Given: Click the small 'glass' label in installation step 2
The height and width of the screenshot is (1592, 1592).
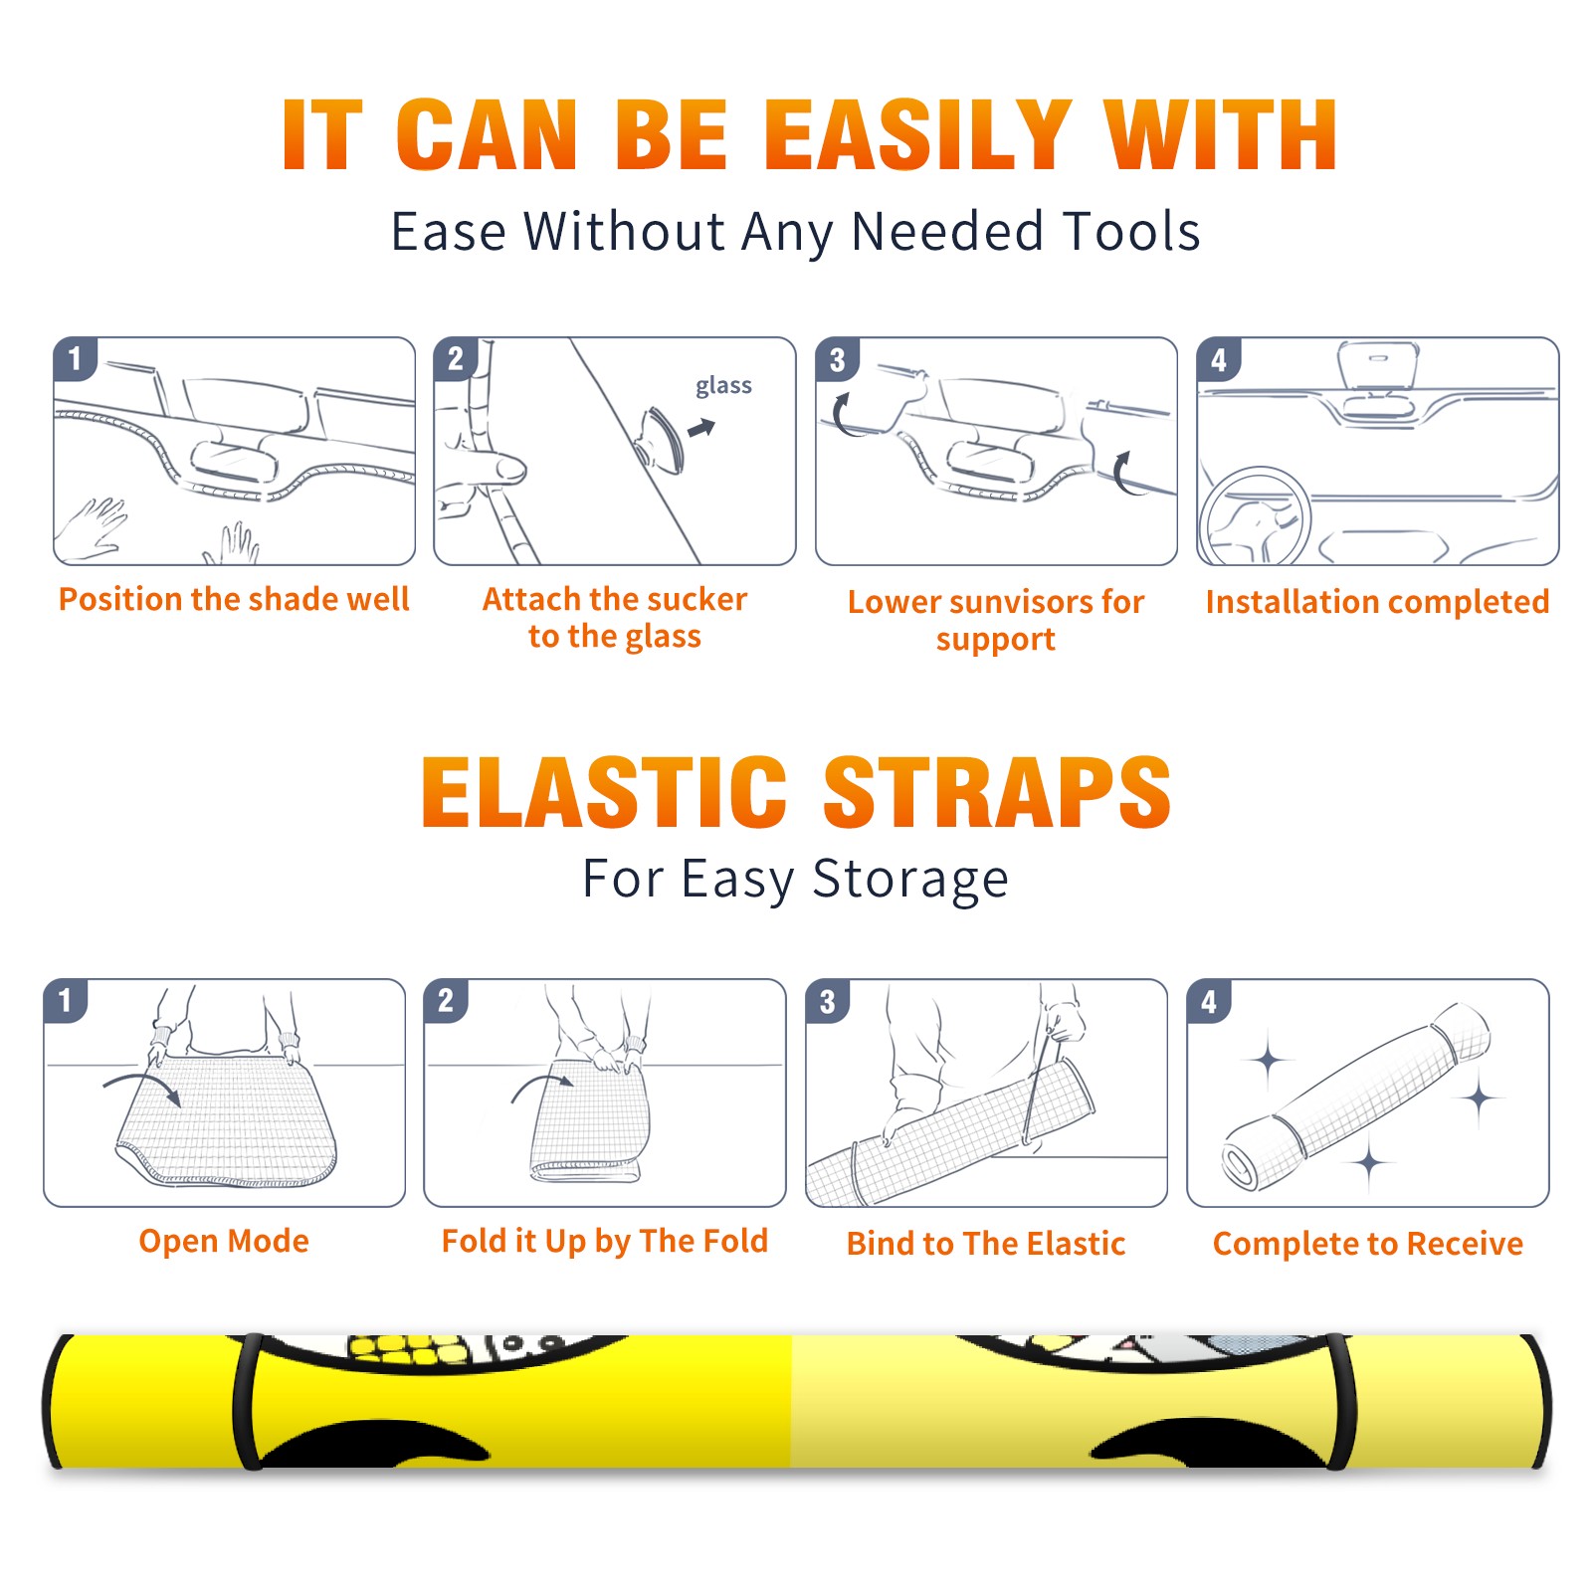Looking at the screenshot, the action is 723,386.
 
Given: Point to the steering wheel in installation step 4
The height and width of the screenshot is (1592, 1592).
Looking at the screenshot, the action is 1255,516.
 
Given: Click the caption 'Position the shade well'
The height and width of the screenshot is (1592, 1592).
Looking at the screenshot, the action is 234,599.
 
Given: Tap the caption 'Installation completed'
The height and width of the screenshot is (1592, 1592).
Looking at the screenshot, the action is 1377,602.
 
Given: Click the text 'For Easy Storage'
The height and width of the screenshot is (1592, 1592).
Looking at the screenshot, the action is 796,880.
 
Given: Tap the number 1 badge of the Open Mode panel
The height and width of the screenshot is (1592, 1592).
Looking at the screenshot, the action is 66,1000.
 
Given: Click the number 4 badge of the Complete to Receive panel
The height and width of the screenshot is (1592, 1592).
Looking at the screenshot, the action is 1209,1001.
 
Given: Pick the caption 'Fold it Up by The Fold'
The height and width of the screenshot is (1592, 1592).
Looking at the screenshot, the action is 605,1241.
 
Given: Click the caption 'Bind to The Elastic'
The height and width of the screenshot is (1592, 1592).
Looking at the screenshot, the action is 986,1244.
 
